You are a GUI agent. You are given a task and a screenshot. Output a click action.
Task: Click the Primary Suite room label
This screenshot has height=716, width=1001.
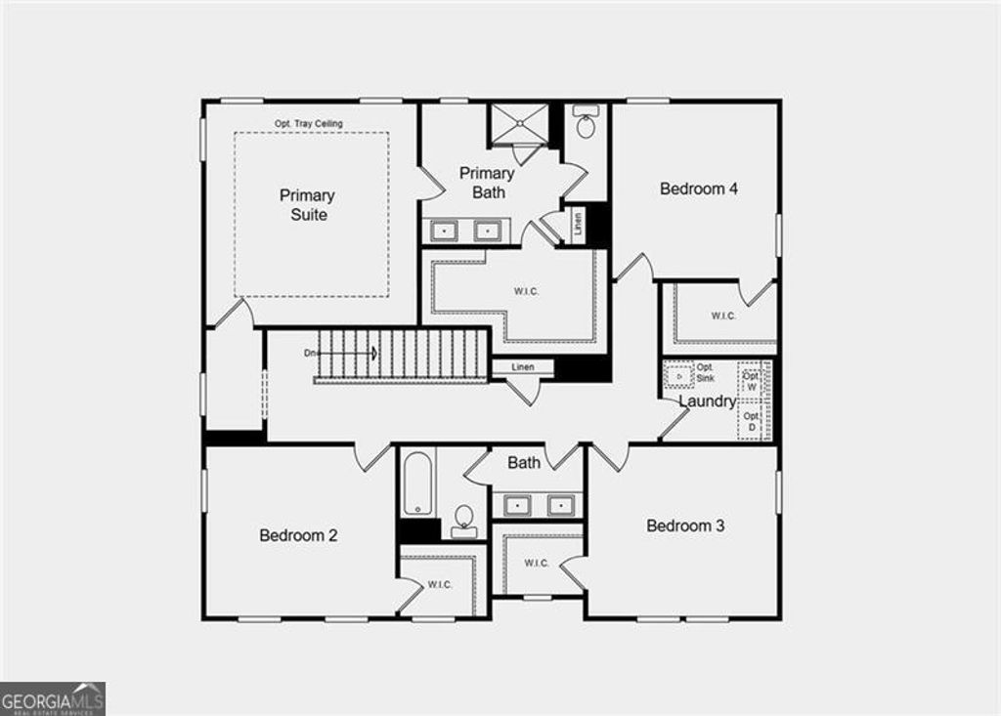(x=308, y=205)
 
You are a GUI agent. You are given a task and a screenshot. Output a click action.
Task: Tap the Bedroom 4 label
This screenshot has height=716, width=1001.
(x=698, y=189)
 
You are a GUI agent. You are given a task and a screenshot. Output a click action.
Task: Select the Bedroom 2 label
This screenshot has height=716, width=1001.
(x=298, y=535)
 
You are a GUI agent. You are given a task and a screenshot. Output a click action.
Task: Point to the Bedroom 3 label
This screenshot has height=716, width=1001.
(x=685, y=526)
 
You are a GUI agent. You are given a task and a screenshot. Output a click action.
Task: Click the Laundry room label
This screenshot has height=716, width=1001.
(x=706, y=401)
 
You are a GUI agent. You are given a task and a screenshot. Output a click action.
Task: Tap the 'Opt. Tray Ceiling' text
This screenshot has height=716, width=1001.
(x=308, y=123)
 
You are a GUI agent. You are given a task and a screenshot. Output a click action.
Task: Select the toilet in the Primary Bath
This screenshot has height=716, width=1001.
(x=587, y=123)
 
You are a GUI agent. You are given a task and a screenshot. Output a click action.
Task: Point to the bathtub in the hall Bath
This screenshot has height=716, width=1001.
(x=418, y=483)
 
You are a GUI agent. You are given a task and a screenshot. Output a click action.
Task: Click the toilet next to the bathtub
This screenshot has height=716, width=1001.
(x=464, y=519)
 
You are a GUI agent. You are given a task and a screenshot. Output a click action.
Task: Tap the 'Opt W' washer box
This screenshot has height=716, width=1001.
(x=752, y=381)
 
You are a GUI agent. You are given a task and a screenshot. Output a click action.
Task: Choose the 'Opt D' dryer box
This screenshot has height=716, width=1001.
(x=752, y=422)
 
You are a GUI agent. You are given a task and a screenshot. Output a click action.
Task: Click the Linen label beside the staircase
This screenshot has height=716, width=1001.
(x=523, y=367)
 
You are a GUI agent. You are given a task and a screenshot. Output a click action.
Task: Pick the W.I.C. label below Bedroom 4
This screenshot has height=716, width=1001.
(x=723, y=316)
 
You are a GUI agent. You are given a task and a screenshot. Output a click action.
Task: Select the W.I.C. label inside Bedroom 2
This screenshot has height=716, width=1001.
(x=440, y=585)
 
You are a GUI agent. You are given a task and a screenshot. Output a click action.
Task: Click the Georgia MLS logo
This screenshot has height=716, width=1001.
(x=53, y=698)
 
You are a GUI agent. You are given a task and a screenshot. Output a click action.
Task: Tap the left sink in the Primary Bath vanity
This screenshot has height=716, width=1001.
(x=445, y=231)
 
